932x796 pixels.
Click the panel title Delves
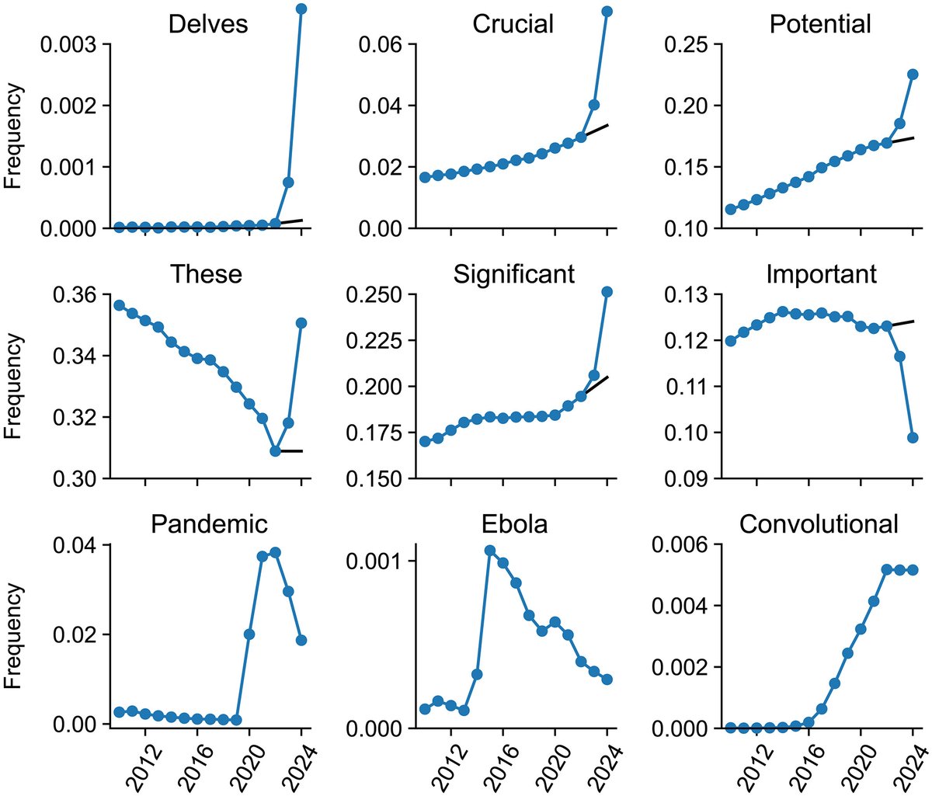[208, 24]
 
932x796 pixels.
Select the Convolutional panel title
[819, 524]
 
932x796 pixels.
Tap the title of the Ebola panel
[513, 524]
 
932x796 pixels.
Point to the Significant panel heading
[513, 274]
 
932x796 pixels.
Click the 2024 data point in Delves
[301, 9]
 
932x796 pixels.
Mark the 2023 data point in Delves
[288, 182]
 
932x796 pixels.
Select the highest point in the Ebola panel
[490, 551]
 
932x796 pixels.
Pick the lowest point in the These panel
[275, 451]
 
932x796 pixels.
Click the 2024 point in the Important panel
[913, 438]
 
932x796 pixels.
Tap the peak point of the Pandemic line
[275, 553]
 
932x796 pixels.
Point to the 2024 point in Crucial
[607, 12]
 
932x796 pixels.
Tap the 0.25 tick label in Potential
[687, 44]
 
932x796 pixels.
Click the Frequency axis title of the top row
[13, 137]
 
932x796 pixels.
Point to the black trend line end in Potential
[913, 137]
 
